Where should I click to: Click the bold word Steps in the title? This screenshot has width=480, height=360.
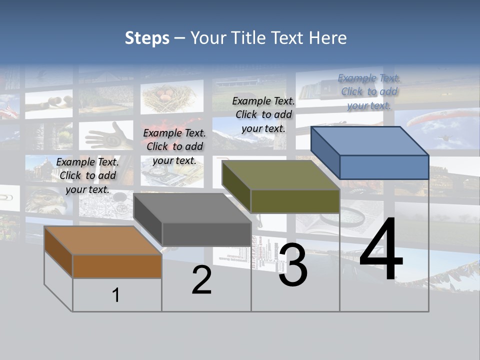(x=147, y=38)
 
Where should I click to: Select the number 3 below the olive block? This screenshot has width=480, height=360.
(x=293, y=265)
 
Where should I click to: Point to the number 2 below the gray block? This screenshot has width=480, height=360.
(x=201, y=280)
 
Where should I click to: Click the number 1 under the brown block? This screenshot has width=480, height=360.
(x=116, y=295)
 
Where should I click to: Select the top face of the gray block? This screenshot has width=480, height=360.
(x=192, y=208)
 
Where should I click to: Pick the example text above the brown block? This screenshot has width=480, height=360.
(x=87, y=175)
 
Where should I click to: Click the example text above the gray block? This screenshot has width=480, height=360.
(x=174, y=146)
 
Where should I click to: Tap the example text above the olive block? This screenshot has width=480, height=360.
(x=263, y=114)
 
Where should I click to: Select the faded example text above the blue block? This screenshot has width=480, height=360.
(x=369, y=91)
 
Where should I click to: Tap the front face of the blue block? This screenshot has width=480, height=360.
(x=384, y=167)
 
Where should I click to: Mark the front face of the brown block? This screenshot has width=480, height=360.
(x=117, y=266)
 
